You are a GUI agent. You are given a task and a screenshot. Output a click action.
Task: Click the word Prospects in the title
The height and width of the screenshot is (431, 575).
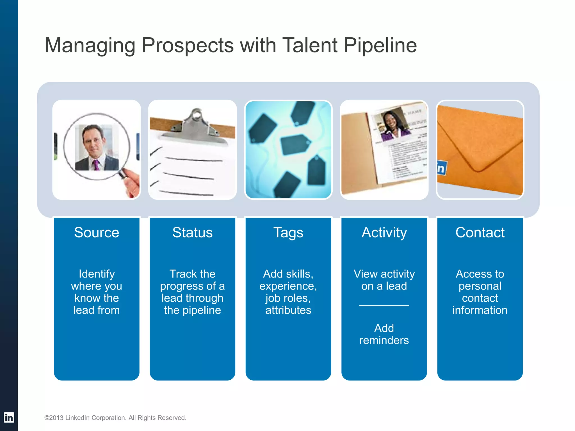[188, 46]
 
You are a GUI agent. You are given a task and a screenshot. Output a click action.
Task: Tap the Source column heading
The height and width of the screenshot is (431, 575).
[97, 233]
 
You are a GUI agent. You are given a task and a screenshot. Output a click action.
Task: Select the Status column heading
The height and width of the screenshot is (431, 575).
[192, 233]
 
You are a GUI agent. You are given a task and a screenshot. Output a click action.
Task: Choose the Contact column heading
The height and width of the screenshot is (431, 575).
[480, 233]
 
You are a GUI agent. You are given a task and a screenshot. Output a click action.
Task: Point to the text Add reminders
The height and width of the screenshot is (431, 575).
[384, 334]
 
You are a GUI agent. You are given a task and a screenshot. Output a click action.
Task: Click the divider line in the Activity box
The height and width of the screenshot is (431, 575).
[384, 306]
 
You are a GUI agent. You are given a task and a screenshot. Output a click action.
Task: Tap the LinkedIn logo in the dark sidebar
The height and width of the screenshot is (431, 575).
[9, 417]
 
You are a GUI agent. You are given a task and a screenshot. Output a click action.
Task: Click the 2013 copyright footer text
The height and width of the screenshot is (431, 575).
[115, 418]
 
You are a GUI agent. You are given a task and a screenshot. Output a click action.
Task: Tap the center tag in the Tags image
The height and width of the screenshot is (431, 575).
[295, 144]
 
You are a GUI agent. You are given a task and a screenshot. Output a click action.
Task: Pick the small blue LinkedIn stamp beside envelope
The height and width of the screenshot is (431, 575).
[442, 168]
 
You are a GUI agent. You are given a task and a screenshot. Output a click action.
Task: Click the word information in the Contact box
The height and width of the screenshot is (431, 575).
[480, 310]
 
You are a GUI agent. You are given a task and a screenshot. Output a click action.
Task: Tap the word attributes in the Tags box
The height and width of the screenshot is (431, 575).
[288, 310]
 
